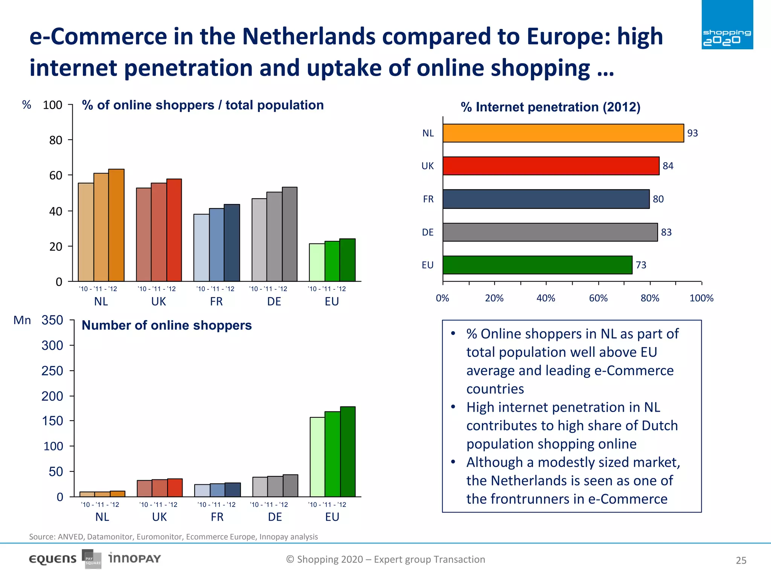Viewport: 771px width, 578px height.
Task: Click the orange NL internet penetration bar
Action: click(563, 133)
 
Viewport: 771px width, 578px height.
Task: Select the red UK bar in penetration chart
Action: click(551, 166)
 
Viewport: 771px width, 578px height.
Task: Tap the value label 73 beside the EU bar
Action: click(641, 265)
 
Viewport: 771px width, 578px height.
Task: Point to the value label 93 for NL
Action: click(692, 133)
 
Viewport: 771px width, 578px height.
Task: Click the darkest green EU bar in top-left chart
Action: click(347, 260)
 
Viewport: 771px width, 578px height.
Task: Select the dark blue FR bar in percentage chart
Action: click(232, 243)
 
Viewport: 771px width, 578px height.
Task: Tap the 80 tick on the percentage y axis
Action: click(55, 140)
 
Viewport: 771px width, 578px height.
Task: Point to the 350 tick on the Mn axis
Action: click(52, 320)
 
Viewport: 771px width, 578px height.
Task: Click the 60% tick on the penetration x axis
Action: click(598, 298)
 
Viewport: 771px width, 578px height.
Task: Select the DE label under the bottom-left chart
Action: click(275, 517)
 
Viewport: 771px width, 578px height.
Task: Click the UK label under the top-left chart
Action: click(158, 301)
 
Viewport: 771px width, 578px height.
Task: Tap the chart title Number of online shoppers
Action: click(166, 325)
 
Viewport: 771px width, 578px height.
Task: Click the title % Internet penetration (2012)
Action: click(550, 107)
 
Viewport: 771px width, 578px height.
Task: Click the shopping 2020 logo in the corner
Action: click(727, 25)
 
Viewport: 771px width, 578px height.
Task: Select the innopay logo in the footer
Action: click(134, 558)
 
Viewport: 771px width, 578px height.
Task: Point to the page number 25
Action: click(741, 561)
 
